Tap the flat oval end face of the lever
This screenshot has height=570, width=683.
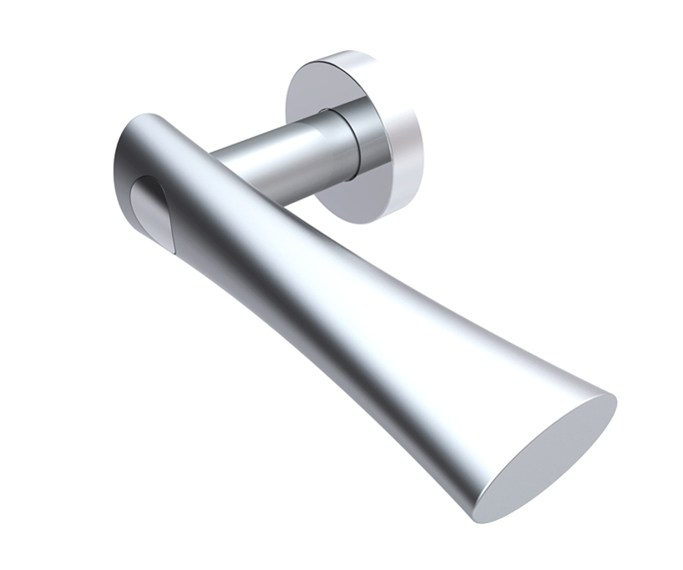(x=550, y=457)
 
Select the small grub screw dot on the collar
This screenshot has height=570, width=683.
(x=324, y=109)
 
